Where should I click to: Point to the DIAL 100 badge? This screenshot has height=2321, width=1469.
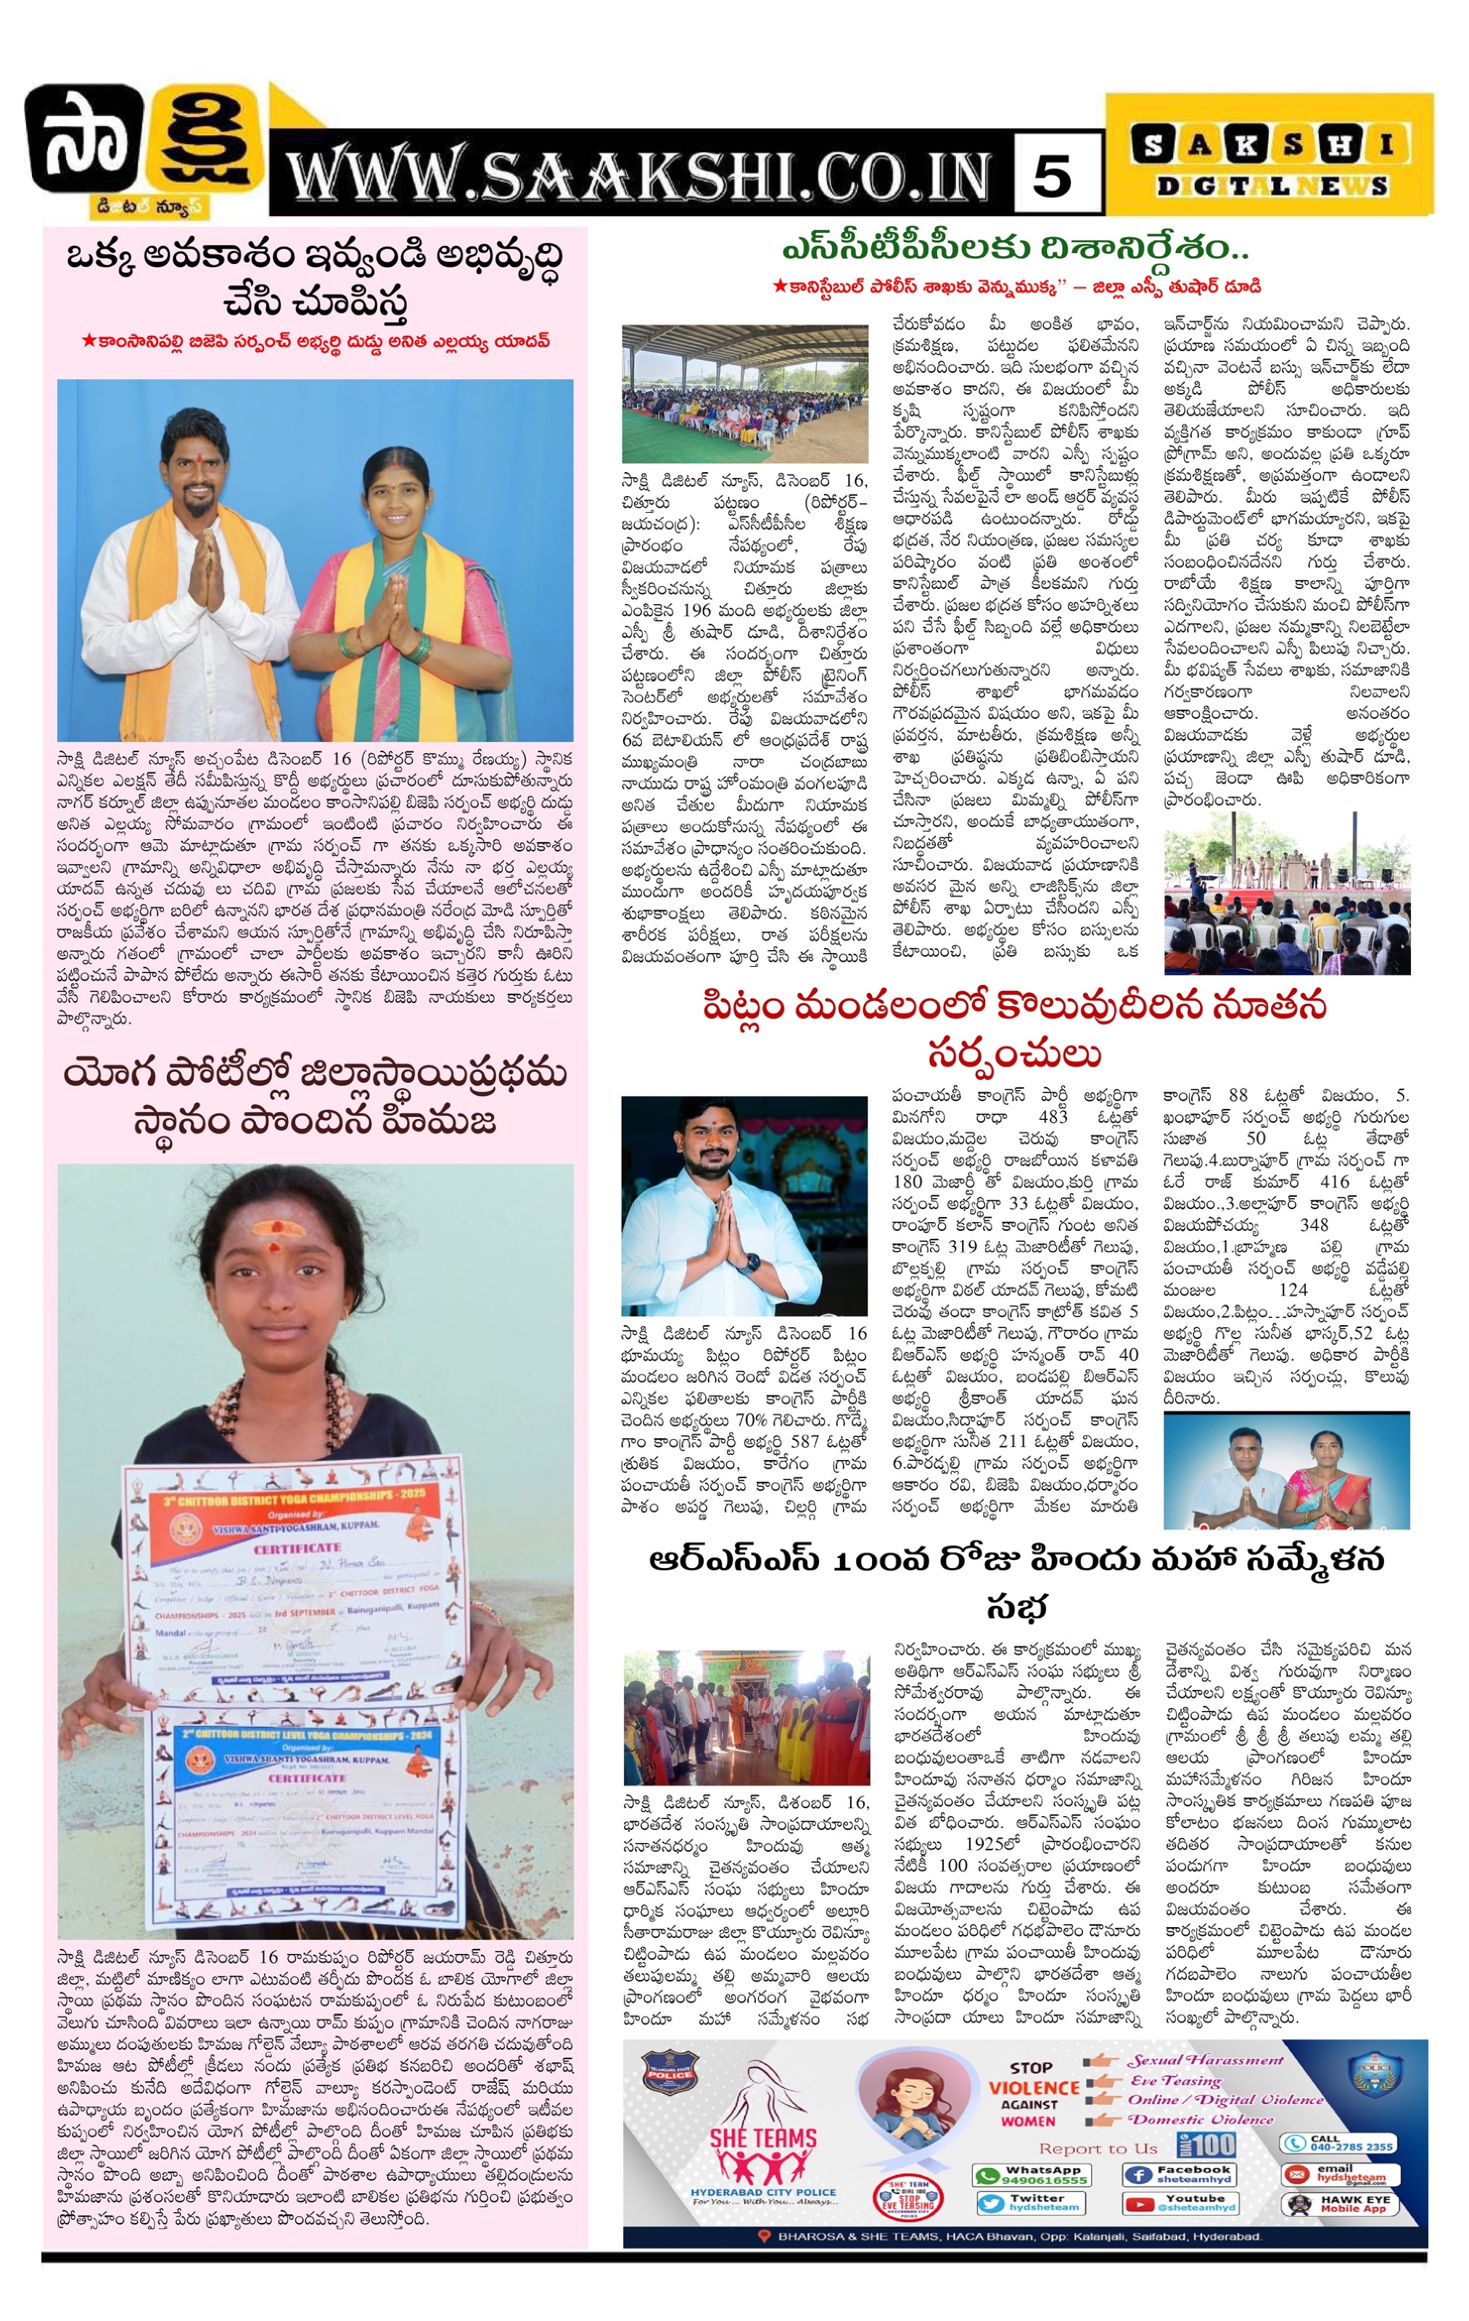click(1206, 2145)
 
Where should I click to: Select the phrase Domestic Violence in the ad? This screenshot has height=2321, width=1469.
click(1201, 2119)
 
